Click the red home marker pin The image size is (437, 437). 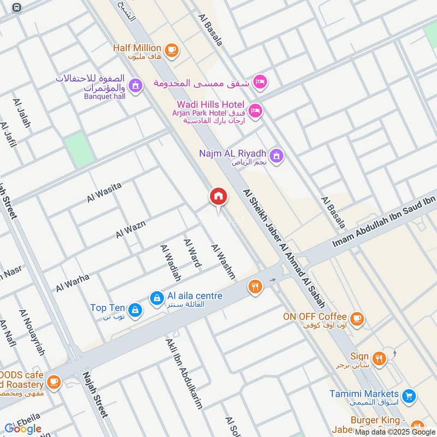coord(218,197)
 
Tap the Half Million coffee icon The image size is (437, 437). coord(172,50)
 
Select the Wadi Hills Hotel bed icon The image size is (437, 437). coord(255,111)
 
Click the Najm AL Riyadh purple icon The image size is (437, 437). coord(277,156)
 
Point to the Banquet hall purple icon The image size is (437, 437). coord(136,86)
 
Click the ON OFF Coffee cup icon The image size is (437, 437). coord(357,318)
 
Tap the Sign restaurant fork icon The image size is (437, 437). coord(379,358)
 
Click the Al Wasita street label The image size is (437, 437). coord(104,193)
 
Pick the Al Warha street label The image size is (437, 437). coord(72,283)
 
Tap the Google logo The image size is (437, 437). coord(23,428)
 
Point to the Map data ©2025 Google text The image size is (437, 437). coord(394,431)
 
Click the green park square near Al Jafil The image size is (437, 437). coord(80,150)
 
